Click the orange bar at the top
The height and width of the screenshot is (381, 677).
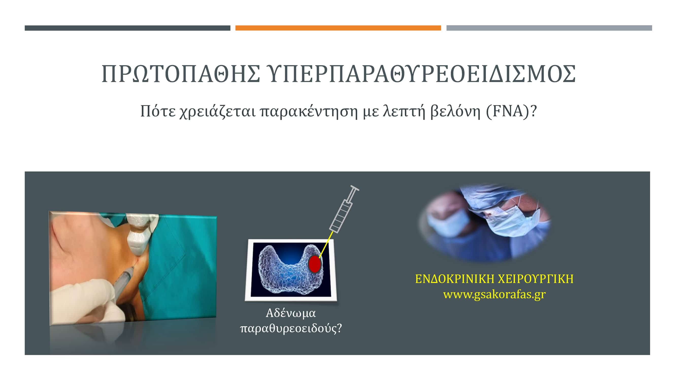[338, 28]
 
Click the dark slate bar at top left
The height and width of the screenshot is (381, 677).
[127, 28]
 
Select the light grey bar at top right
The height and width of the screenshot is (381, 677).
[549, 28]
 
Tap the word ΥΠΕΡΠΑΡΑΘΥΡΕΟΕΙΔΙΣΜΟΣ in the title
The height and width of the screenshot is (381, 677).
[421, 74]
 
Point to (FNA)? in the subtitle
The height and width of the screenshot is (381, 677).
[511, 111]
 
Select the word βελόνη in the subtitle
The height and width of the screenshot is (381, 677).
[455, 111]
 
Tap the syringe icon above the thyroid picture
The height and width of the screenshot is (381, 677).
[343, 210]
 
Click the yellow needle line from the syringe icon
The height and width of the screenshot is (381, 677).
[326, 245]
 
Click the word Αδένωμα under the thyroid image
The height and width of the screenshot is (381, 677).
[291, 313]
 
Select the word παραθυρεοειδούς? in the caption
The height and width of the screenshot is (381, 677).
[291, 328]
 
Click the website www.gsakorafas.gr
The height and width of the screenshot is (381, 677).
[494, 294]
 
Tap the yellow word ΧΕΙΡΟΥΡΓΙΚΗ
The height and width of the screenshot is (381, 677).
[536, 279]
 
